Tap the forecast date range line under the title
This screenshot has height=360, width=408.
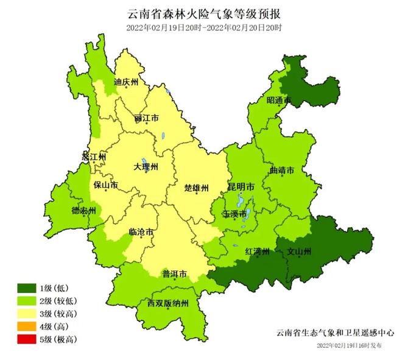(205, 28)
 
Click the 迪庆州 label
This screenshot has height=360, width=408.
(127, 81)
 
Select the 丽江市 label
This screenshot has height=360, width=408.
(147, 117)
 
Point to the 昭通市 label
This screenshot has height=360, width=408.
(279, 101)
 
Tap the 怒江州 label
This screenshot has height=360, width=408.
(94, 157)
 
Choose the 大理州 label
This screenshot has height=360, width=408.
(146, 166)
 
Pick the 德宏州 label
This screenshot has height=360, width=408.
(84, 210)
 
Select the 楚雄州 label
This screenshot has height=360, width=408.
(197, 188)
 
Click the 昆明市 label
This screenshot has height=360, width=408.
(242, 185)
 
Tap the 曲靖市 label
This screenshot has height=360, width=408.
(282, 170)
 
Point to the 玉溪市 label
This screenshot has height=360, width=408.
(235, 214)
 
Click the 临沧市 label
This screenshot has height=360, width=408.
(141, 232)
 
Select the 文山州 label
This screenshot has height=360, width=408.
(299, 251)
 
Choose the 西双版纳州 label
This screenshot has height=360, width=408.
(168, 303)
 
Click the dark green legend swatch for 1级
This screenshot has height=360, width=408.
(28, 287)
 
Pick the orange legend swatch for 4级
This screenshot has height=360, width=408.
(28, 326)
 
